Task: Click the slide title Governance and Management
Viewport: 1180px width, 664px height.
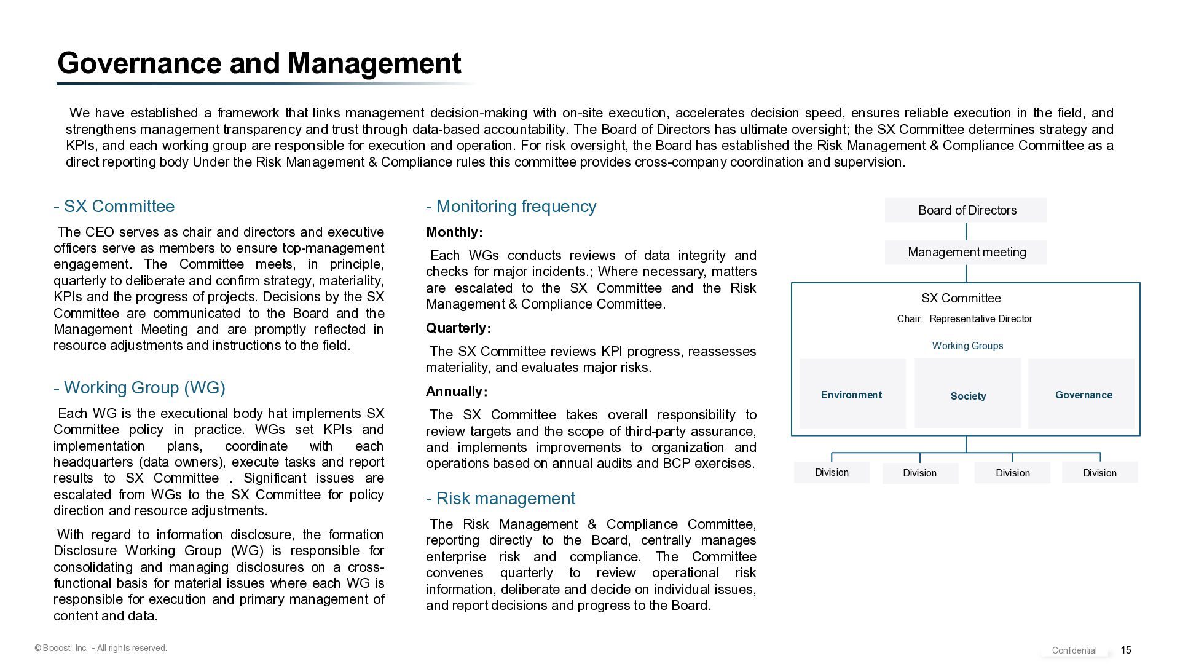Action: tap(259, 63)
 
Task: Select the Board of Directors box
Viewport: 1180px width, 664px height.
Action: tap(966, 210)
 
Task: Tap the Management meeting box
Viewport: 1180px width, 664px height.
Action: tap(966, 252)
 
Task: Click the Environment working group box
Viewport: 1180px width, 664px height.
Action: tap(852, 394)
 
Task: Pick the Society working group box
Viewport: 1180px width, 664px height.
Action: tap(968, 394)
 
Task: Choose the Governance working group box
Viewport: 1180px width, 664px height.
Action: tap(1083, 394)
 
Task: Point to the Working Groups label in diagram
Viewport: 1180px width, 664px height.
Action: tap(967, 346)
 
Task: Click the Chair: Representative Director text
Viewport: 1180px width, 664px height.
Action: tap(964, 319)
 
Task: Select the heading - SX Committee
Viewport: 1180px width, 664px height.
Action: tap(114, 207)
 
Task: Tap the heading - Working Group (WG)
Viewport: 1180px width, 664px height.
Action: tap(140, 388)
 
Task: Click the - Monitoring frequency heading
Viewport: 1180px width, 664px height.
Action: tap(511, 207)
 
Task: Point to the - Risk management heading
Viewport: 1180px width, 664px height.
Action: tap(500, 499)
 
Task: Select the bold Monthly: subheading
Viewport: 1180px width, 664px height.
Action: tap(454, 232)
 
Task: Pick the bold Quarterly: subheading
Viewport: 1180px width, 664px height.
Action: tap(458, 328)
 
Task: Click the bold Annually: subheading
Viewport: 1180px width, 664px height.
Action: tap(457, 392)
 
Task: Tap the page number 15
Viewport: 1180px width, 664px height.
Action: tap(1126, 650)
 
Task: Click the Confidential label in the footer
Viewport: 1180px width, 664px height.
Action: tap(1074, 650)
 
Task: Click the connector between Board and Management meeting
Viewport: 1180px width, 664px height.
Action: tap(966, 231)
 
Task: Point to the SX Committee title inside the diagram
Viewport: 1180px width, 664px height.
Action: tap(961, 299)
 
